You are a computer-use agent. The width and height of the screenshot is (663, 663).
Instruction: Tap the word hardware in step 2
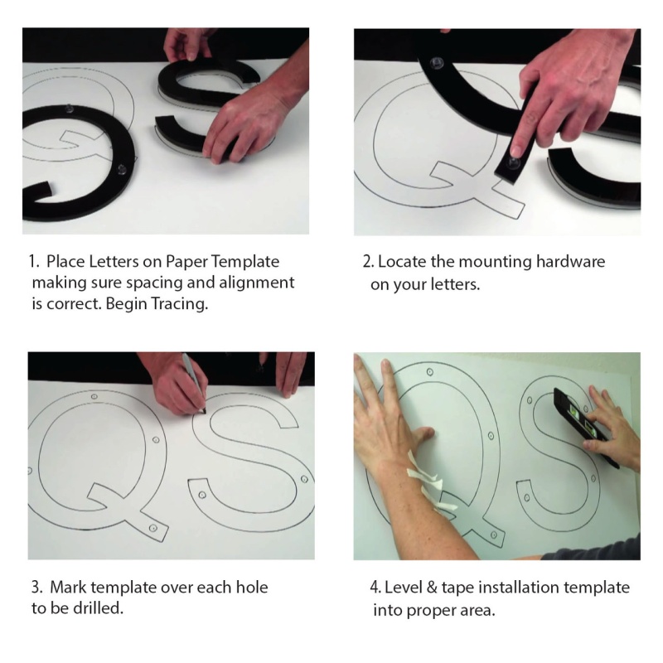click(570, 261)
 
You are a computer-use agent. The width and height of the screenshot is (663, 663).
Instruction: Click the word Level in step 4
click(403, 588)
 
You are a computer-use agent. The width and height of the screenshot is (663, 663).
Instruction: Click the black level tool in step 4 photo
click(586, 428)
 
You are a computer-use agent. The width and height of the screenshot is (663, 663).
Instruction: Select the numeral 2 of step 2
click(367, 262)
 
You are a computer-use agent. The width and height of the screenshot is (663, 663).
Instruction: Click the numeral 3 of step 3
click(36, 588)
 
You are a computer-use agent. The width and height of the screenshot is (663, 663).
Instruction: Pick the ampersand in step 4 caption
click(431, 588)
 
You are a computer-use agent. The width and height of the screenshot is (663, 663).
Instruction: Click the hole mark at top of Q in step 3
click(94, 397)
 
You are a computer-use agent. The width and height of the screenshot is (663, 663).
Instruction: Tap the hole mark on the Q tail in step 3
click(153, 528)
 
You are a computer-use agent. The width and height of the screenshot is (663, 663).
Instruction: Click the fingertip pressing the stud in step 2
click(515, 151)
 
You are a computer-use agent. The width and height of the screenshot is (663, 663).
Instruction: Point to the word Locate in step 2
click(402, 261)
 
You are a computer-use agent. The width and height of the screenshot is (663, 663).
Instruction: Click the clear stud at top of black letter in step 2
click(437, 65)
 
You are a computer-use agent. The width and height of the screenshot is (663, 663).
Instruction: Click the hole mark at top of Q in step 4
click(429, 372)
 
